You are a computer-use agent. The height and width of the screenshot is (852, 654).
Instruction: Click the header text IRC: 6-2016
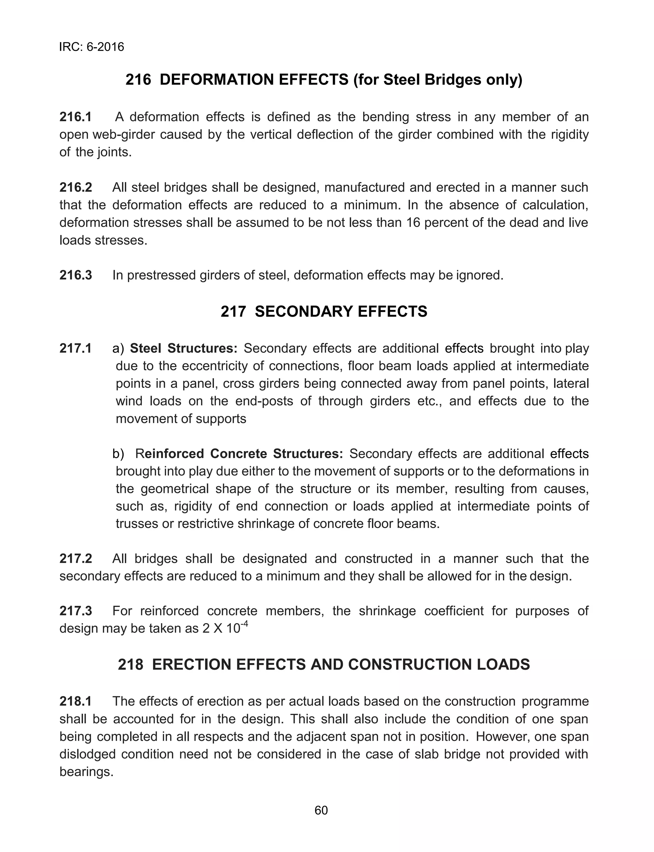pyautogui.click(x=91, y=47)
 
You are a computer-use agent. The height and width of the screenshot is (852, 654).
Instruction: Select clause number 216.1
pyautogui.click(x=75, y=117)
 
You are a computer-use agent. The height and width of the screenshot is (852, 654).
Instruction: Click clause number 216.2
pyautogui.click(x=75, y=187)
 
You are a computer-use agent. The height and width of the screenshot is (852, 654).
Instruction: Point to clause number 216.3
pyautogui.click(x=75, y=275)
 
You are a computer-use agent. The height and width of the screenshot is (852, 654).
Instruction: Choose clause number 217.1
pyautogui.click(x=75, y=348)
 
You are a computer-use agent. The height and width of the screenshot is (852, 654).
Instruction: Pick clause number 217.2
pyautogui.click(x=75, y=559)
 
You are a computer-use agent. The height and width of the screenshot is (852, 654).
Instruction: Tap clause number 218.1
pyautogui.click(x=75, y=701)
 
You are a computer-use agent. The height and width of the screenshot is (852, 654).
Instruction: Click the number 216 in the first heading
pyautogui.click(x=138, y=80)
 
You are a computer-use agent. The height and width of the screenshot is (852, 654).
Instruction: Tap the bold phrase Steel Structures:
pyautogui.click(x=183, y=348)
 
